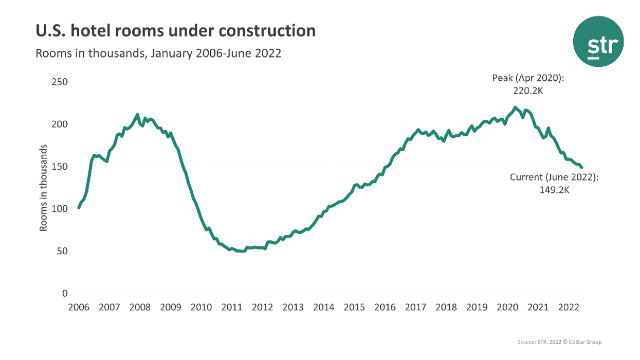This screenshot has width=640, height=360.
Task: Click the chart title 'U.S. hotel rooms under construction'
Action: pos(175,31)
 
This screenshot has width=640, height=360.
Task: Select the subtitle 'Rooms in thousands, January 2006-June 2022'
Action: pos(158,53)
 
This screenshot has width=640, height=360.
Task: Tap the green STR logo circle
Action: pos(598,42)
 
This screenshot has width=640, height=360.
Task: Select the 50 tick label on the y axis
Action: pos(62,251)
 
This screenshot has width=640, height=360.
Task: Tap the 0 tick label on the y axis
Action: pos(65,294)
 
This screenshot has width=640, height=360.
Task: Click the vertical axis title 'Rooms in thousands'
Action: pos(44,188)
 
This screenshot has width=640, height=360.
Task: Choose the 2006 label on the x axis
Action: pos(79,308)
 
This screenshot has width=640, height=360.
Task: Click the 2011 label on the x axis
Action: pos(232,308)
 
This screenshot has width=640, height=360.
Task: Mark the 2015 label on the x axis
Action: pos(354,308)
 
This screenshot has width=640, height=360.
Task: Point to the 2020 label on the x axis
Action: pos(507,308)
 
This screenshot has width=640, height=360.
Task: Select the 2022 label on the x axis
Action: pos(569,308)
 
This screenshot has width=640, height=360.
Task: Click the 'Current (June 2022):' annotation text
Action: pos(554,177)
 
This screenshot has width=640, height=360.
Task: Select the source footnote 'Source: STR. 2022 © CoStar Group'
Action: pos(560,342)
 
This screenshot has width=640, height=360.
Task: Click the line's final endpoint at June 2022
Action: pos(581,167)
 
